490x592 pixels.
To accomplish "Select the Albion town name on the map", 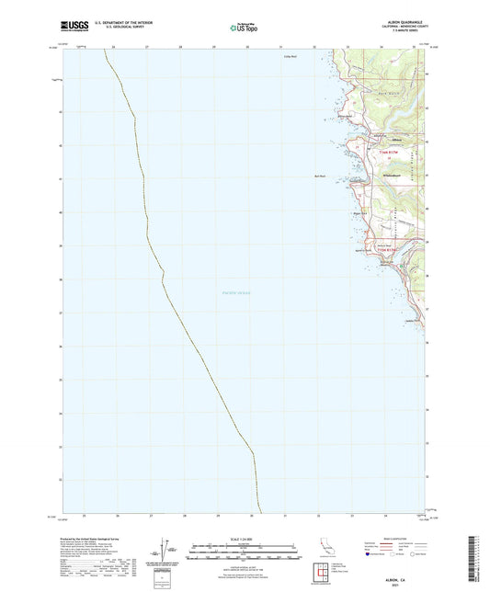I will coord(370,140).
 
